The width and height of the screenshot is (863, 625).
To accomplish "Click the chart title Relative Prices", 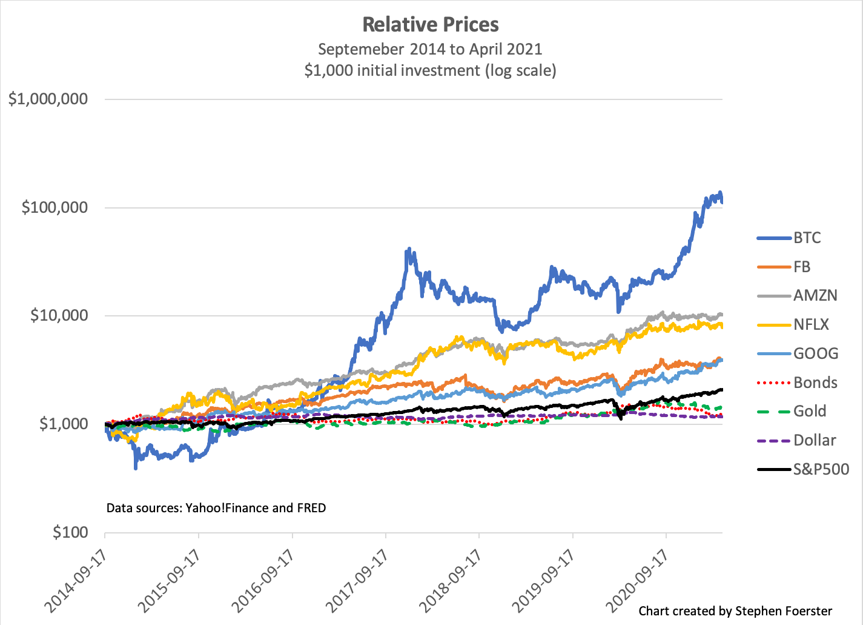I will (431, 25).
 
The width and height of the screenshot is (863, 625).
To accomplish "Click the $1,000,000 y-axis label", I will (48, 99).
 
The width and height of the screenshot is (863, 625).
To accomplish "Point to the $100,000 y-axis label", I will (55, 208).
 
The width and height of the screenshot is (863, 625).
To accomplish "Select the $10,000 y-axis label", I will (59, 316).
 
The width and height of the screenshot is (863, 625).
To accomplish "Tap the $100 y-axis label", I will (70, 533).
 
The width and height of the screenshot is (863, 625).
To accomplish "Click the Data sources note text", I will (216, 508).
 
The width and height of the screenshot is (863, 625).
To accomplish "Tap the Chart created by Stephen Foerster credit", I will (735, 611).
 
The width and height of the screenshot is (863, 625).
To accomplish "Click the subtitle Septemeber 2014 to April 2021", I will (430, 49).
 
